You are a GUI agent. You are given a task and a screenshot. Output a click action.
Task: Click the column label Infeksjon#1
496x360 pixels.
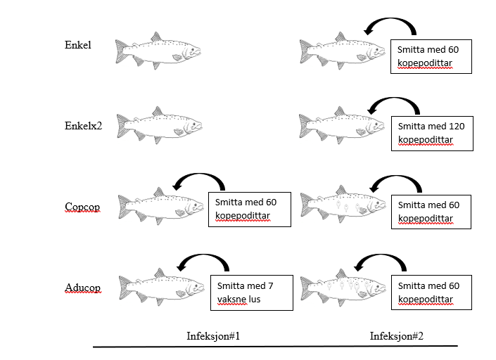(x=213, y=335)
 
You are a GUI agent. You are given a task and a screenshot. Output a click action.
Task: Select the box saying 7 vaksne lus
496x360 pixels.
(x=251, y=293)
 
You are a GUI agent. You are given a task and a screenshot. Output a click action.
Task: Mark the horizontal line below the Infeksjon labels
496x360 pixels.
(x=274, y=346)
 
